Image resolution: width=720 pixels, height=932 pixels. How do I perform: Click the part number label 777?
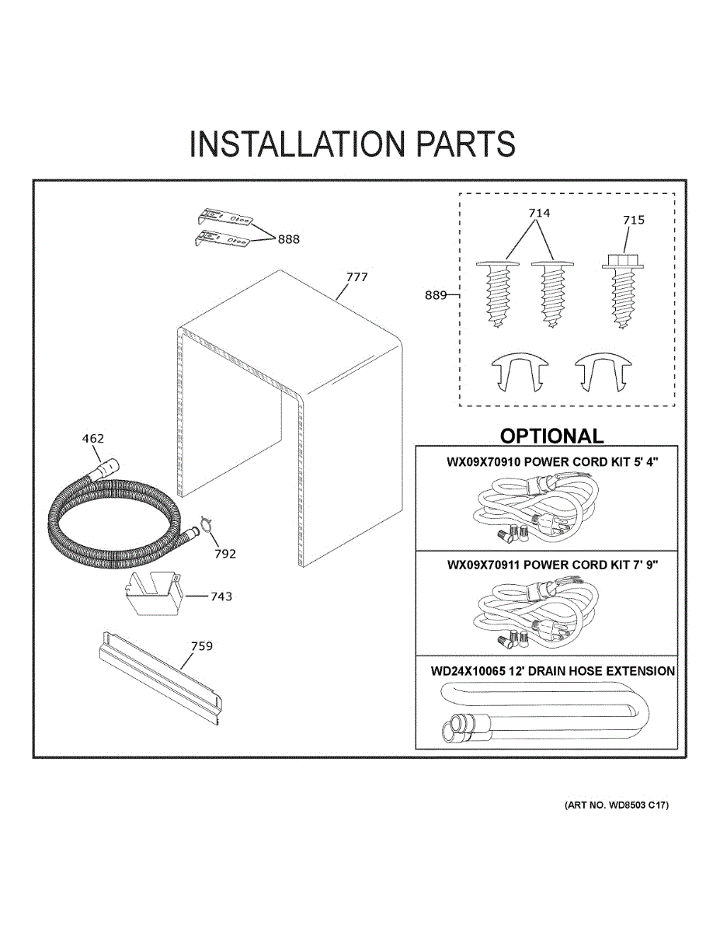click(x=357, y=277)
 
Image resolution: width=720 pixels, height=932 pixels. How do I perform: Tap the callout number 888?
click(x=288, y=239)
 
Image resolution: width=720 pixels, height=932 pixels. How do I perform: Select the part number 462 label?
click(x=92, y=439)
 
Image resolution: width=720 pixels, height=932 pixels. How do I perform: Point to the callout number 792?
click(x=225, y=554)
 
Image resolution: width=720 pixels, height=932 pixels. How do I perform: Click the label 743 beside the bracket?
click(x=221, y=596)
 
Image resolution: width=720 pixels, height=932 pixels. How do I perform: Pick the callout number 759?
click(x=202, y=646)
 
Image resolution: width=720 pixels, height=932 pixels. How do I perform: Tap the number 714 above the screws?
click(x=539, y=213)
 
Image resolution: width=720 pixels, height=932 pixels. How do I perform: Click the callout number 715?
click(x=633, y=221)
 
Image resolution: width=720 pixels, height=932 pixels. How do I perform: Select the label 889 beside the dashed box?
click(x=436, y=294)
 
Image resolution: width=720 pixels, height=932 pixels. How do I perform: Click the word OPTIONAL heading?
click(x=551, y=436)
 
